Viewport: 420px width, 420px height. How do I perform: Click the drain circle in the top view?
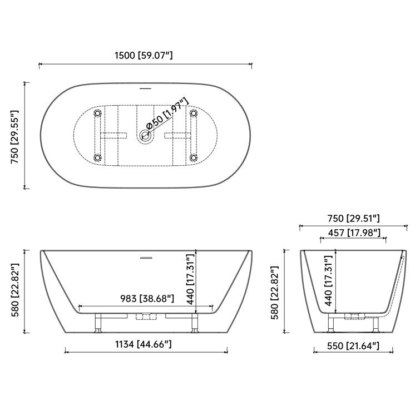pyautogui.click(x=147, y=134)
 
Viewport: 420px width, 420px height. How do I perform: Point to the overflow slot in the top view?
pyautogui.click(x=146, y=88)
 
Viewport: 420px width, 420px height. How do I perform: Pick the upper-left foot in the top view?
pyautogui.click(x=98, y=113)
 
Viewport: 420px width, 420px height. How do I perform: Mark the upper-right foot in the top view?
pyautogui.click(x=193, y=113)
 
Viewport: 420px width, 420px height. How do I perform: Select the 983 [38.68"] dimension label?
pyautogui.click(x=146, y=299)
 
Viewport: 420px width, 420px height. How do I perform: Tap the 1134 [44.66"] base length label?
pyautogui.click(x=146, y=344)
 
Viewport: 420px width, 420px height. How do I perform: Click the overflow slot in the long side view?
pyautogui.click(x=146, y=258)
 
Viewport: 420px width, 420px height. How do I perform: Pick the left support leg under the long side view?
pyautogui.click(x=97, y=323)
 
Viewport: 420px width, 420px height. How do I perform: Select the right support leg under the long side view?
pyautogui.click(x=194, y=323)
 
